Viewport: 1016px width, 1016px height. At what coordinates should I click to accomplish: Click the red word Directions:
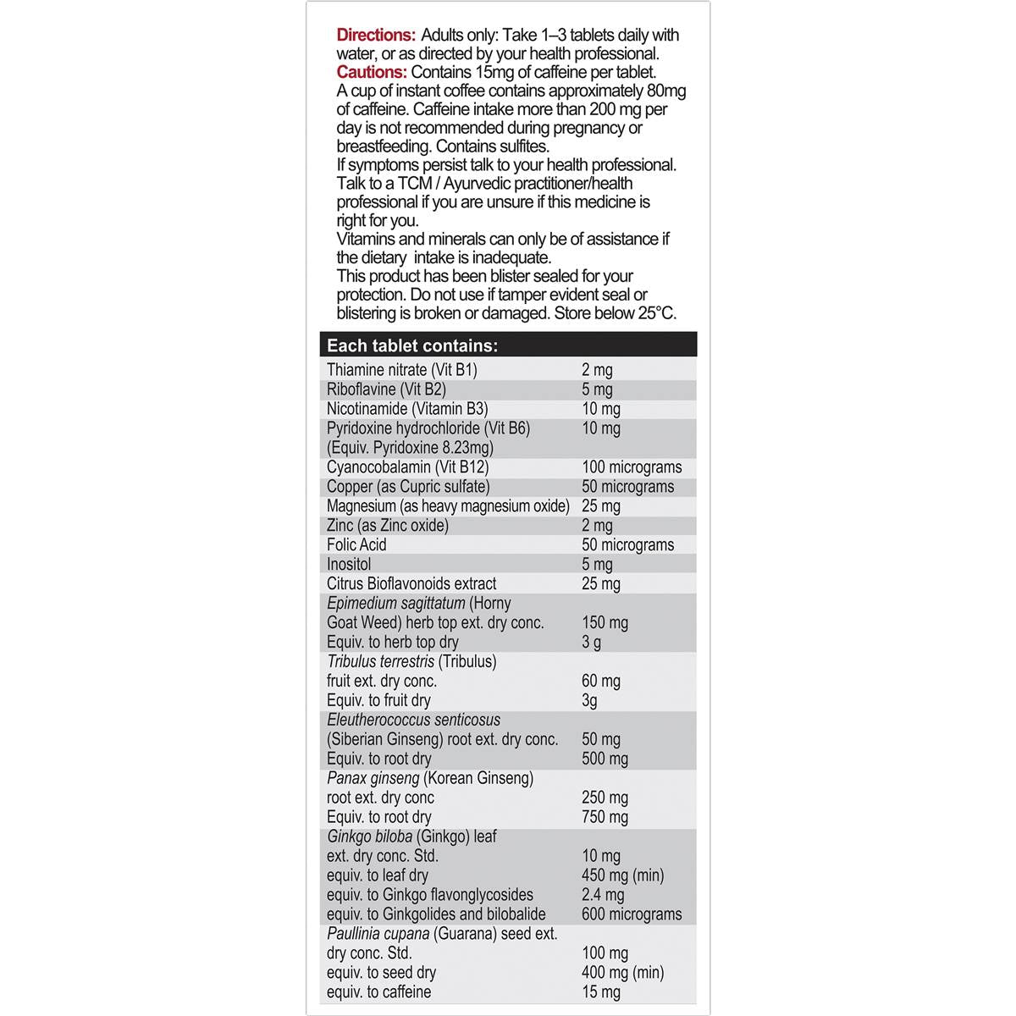coord(376,36)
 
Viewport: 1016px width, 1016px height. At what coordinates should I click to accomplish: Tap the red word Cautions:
coord(372,73)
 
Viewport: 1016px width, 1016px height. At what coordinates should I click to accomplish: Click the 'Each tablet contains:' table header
coord(412,345)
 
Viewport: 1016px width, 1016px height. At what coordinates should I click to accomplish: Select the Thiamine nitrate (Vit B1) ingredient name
coord(402,370)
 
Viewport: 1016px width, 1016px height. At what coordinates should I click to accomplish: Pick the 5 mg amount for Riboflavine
coord(597,389)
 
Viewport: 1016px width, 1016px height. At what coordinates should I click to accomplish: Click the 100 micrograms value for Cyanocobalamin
coord(632,467)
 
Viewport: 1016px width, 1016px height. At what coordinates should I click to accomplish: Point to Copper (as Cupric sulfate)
coord(408,487)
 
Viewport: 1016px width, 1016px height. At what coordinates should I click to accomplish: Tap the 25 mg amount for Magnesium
coord(601,506)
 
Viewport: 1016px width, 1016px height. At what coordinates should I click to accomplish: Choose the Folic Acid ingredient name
coord(356,545)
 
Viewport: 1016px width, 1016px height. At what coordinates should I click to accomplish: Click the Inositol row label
coord(349,565)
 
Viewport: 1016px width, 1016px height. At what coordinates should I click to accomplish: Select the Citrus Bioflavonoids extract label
coord(411,584)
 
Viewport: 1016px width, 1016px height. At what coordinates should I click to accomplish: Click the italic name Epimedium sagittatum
coord(395,604)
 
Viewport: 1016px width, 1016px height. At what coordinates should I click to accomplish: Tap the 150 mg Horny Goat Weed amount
coord(605,623)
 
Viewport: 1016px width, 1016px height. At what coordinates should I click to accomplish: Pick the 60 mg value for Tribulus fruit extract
coord(601,682)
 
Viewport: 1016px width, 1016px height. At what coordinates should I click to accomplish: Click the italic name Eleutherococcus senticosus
coord(413,721)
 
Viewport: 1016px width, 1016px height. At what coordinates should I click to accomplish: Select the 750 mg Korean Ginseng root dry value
coord(605,818)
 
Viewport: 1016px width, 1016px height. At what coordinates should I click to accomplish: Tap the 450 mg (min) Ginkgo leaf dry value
coord(622,876)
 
